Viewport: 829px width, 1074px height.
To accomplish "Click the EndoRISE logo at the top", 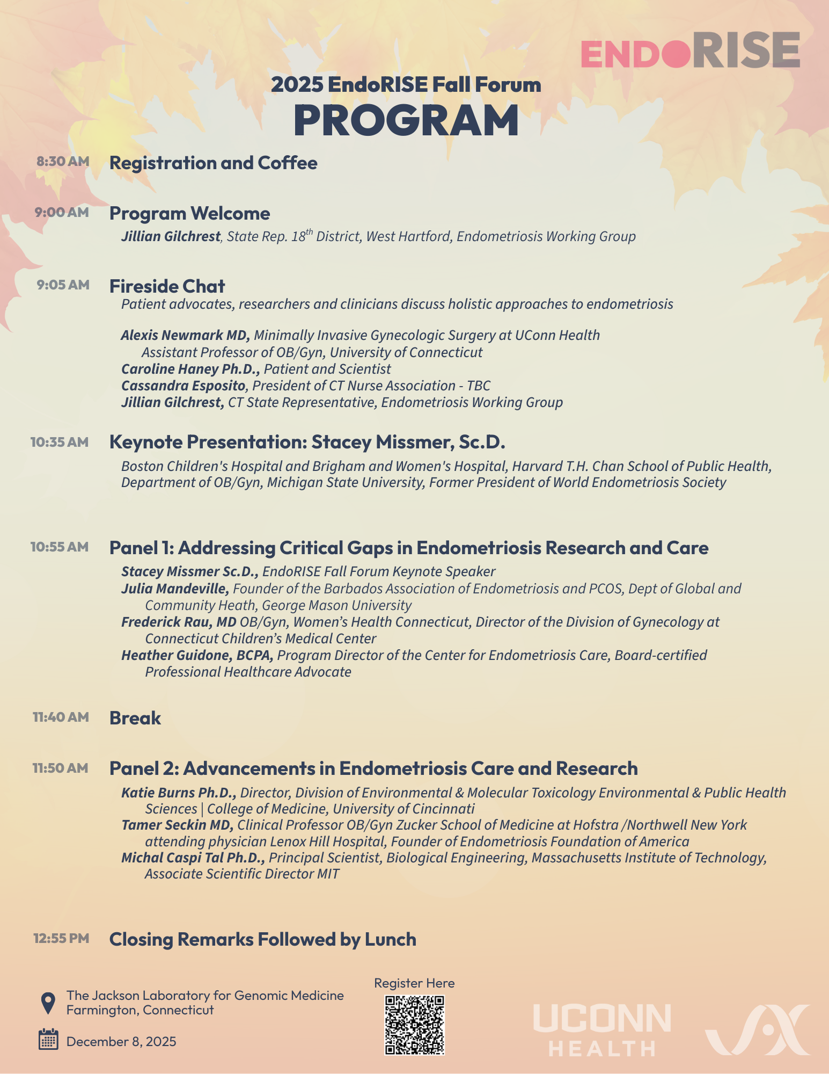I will click(x=690, y=50).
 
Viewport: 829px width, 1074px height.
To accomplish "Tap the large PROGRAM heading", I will click(x=406, y=120).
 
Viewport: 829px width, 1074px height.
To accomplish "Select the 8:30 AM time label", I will click(x=63, y=161).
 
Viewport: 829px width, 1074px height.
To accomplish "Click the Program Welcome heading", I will click(x=189, y=213).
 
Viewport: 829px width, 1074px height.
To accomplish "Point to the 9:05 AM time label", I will click(x=63, y=285).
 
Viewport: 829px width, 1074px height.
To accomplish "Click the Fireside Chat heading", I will click(x=167, y=286).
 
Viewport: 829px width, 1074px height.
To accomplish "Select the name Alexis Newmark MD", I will click(x=185, y=335).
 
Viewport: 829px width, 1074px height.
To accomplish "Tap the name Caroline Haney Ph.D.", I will click(x=190, y=369).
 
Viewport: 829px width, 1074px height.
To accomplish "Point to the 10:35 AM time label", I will click(x=59, y=442).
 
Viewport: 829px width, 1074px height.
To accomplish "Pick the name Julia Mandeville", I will click(x=175, y=589).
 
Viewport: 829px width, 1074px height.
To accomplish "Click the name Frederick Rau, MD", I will click(x=179, y=622).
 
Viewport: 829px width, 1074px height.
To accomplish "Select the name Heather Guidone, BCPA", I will click(x=197, y=655).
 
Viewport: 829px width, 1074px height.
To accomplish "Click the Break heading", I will click(x=135, y=718).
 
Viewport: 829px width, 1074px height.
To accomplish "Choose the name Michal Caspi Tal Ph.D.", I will click(x=193, y=858).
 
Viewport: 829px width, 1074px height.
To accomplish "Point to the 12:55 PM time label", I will click(x=61, y=938).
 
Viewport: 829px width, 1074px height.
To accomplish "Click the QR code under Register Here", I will click(x=414, y=1025).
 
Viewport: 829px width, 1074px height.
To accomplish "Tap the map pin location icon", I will click(x=48, y=1003).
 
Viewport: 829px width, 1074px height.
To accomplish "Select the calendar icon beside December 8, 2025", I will click(x=48, y=1040).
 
